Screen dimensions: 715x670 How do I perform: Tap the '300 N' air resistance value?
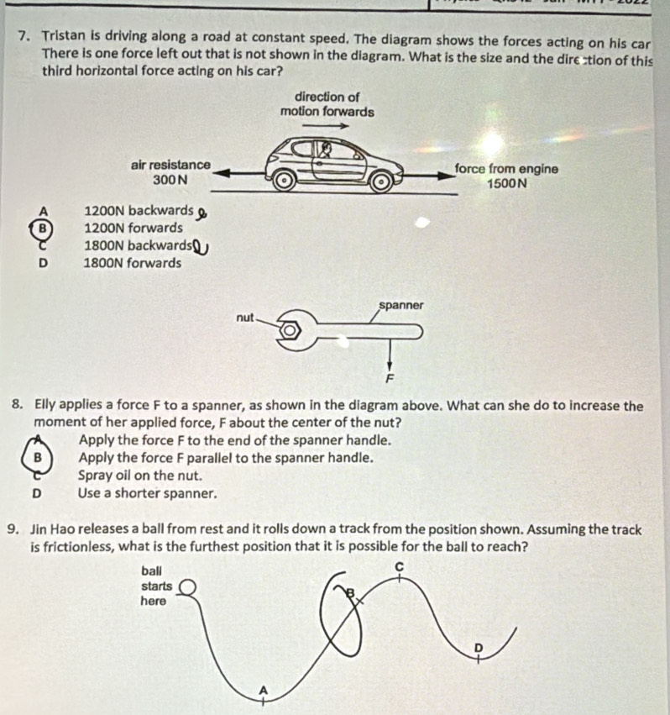(x=170, y=181)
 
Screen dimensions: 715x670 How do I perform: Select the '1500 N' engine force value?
(x=506, y=182)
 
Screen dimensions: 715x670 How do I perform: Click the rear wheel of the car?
(x=285, y=178)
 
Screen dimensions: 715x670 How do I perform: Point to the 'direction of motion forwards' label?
(x=327, y=104)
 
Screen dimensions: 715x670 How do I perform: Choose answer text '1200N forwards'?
(x=133, y=228)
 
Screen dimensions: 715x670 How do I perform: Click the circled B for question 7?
(x=39, y=228)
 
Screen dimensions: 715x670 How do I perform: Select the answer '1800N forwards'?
(x=133, y=263)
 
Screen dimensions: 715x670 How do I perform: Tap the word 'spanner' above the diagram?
(x=400, y=305)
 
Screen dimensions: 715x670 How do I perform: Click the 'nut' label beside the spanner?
(x=244, y=318)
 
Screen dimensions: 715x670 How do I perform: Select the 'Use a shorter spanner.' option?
(x=147, y=493)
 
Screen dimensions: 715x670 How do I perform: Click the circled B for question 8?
(x=36, y=458)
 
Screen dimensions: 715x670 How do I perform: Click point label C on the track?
(x=399, y=567)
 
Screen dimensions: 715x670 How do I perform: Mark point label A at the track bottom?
(x=264, y=689)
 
